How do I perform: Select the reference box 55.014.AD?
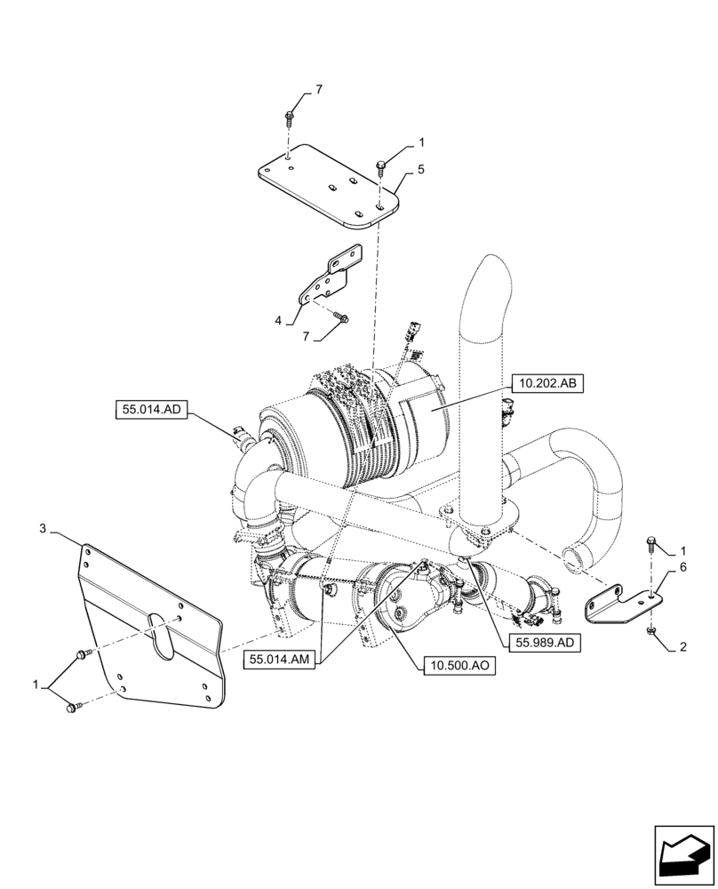[x=148, y=409]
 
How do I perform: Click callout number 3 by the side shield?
[x=44, y=529]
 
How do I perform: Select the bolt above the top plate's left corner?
[x=291, y=116]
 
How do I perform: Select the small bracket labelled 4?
[x=328, y=280]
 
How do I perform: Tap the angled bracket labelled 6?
[x=620, y=607]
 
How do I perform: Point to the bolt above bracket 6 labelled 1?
[x=652, y=541]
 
